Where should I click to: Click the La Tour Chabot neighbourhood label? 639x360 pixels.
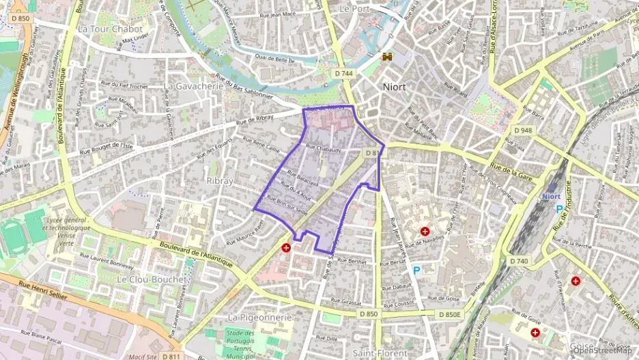pos(110,29)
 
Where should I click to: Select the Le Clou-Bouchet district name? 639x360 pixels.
pos(151,279)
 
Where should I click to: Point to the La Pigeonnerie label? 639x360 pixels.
pos(259,318)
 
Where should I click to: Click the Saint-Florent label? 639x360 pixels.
pos(380,353)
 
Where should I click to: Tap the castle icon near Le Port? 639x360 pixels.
pos(388,57)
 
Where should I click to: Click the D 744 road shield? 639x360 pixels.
pos(344,72)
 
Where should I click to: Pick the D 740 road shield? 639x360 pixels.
pos(519,261)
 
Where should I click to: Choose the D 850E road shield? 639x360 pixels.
pos(450,314)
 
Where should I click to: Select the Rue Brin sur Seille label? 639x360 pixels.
pos(287,206)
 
